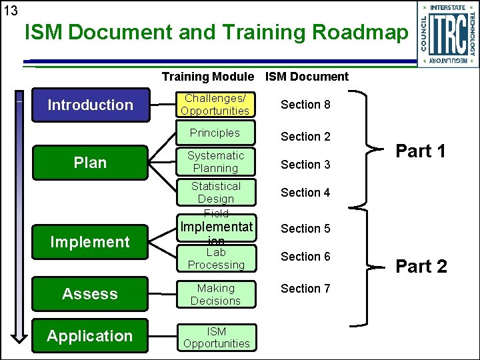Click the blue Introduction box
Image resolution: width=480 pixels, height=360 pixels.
(91, 105)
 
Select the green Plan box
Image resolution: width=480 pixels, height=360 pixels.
(90, 163)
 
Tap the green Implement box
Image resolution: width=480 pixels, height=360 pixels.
(90, 242)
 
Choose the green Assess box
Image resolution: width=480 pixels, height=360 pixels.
(90, 294)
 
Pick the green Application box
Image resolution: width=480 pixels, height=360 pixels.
(90, 336)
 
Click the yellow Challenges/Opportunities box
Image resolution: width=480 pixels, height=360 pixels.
(215, 105)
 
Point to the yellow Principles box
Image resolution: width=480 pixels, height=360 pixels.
(215, 133)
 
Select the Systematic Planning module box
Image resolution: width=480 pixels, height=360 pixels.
(215, 162)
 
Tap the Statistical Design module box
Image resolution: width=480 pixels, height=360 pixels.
(215, 193)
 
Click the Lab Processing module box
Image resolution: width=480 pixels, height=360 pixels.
(215, 259)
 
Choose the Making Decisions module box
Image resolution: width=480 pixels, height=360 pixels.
(215, 295)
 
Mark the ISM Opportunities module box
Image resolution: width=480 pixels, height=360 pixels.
(216, 337)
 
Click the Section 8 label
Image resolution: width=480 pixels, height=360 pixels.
(305, 105)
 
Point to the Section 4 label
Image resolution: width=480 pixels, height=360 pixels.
(305, 193)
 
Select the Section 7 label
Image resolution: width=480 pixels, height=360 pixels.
(305, 289)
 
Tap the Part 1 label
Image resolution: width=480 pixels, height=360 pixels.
(421, 151)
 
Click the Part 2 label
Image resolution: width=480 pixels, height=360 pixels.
(421, 267)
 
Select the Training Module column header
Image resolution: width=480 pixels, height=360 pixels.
(207, 77)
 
